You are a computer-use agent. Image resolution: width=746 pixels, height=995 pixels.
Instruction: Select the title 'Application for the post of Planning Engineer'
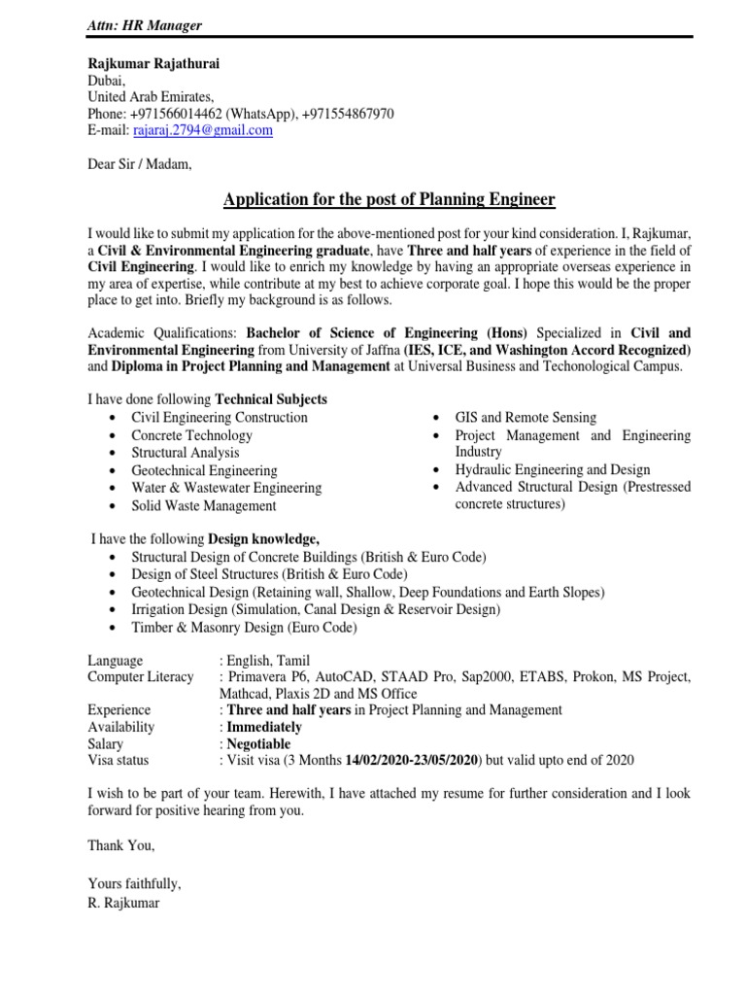[x=389, y=200]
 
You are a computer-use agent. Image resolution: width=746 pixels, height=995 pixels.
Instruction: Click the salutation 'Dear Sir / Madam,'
[x=140, y=165]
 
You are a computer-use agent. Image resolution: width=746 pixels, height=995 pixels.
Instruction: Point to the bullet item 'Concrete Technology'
[x=191, y=435]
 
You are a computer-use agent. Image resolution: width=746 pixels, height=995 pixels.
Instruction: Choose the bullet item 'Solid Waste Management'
[x=204, y=505]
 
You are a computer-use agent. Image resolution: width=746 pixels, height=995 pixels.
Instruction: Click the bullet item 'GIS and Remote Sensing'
[x=526, y=418]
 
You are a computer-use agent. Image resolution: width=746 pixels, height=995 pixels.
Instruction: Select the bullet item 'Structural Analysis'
[x=186, y=453]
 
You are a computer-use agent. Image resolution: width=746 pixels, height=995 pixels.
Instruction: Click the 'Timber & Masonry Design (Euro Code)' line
[x=244, y=628]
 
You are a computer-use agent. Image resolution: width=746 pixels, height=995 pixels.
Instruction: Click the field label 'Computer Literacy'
[x=140, y=676]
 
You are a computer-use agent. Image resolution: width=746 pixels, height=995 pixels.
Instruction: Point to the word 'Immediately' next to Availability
[x=264, y=727]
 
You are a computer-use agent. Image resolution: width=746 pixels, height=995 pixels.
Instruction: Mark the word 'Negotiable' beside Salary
[x=260, y=744]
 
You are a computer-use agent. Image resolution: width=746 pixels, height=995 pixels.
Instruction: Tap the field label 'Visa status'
[x=119, y=761]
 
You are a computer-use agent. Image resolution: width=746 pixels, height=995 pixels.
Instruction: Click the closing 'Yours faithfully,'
[x=134, y=885]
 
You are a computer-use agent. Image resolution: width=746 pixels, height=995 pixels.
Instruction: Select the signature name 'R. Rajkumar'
[x=122, y=903]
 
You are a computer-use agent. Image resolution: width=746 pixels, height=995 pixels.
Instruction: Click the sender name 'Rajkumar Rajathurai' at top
[x=153, y=63]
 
